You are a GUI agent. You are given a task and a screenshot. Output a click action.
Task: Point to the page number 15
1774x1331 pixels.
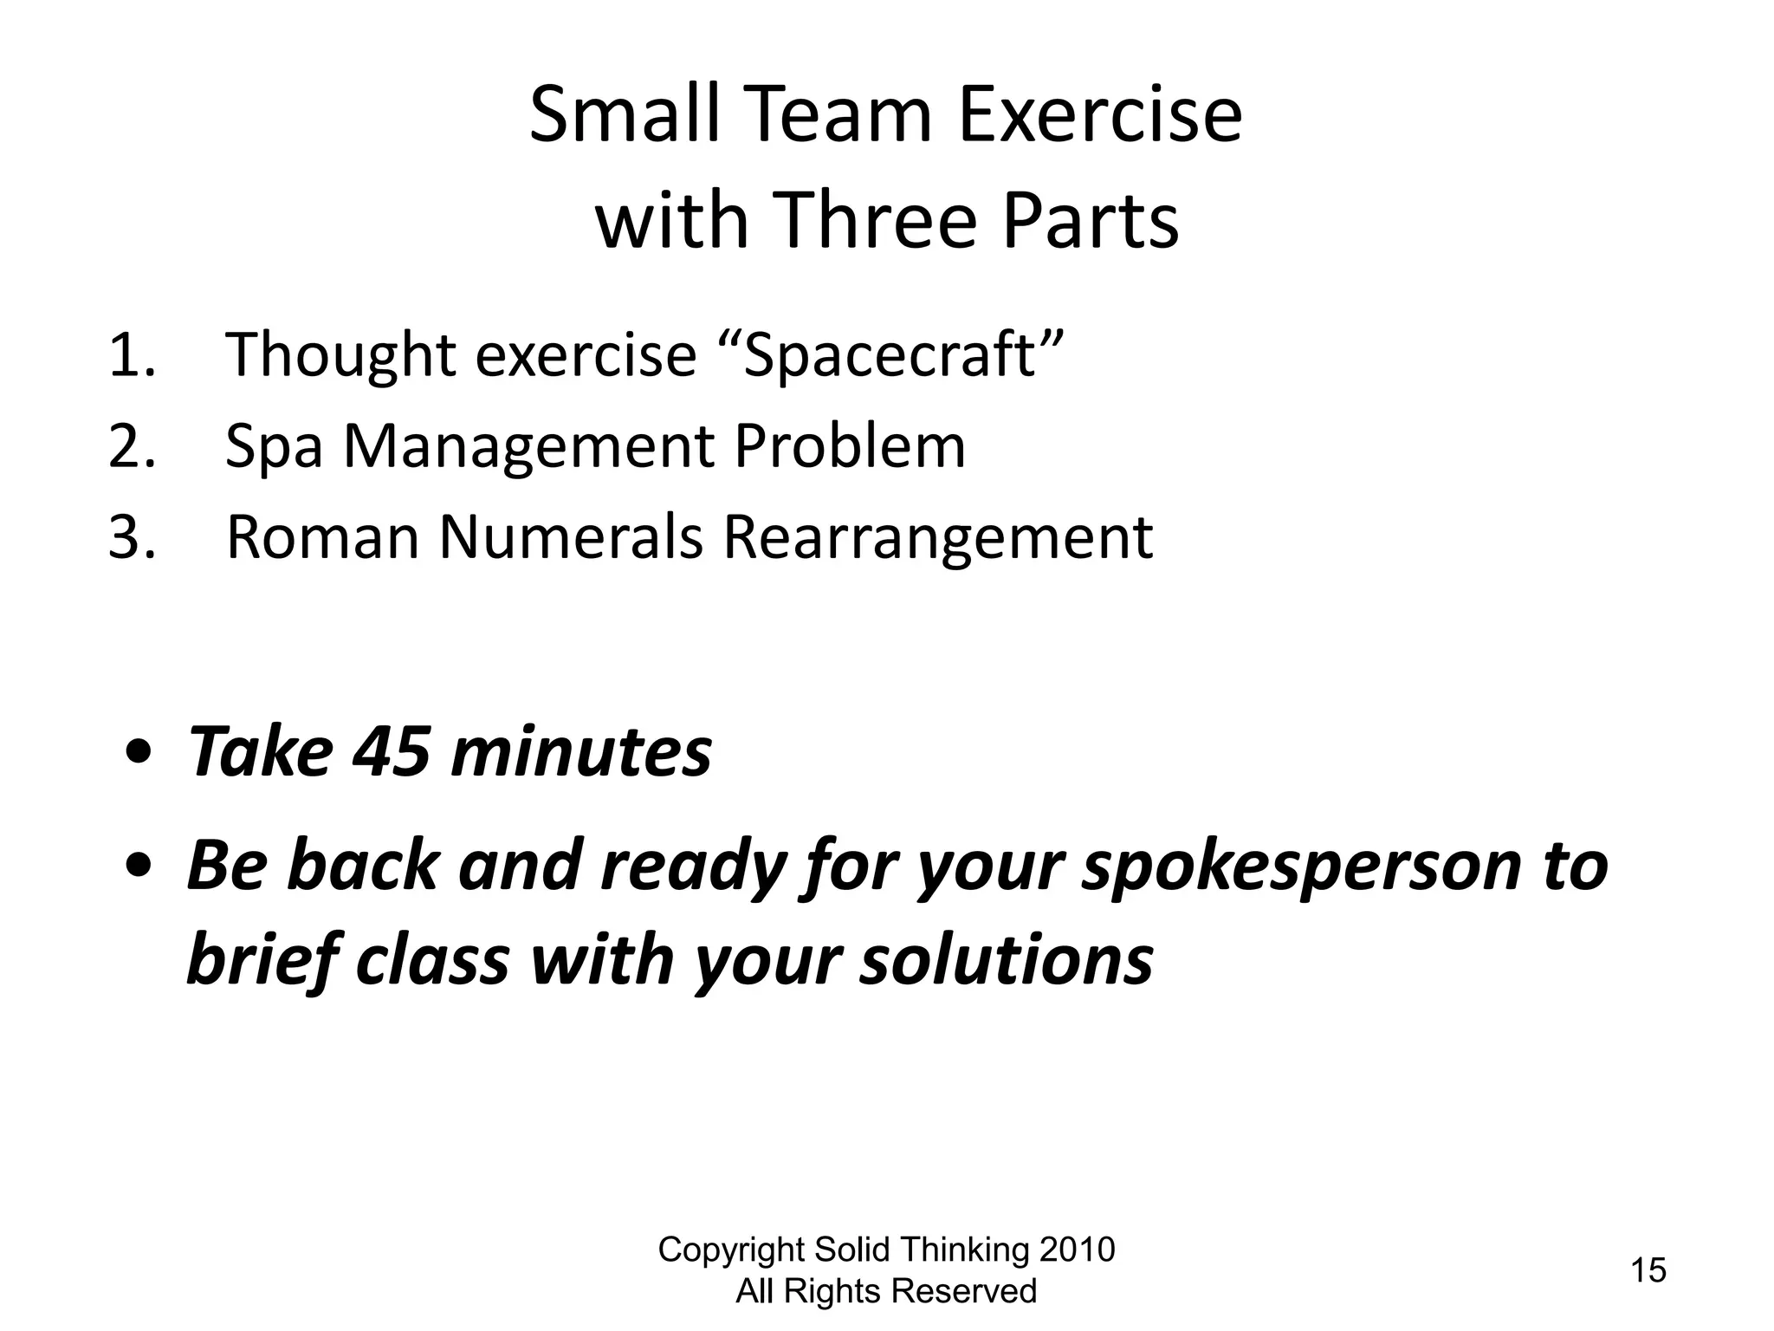pyautogui.click(x=1648, y=1270)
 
